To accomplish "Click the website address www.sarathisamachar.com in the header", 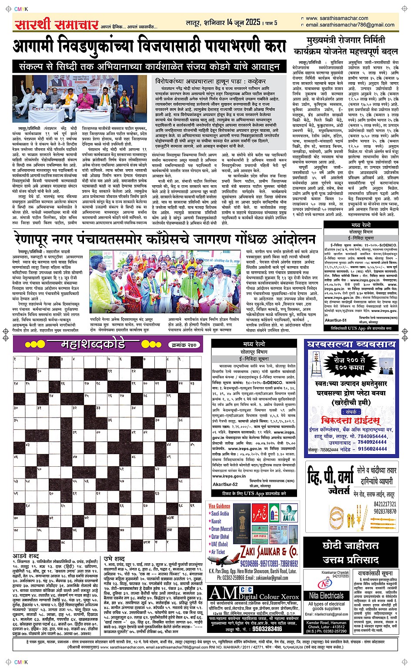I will (337, 18).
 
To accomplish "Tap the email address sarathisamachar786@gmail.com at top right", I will (350, 25).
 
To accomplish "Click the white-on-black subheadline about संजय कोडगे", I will (149, 67).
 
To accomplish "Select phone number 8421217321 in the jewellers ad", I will (384, 504).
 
